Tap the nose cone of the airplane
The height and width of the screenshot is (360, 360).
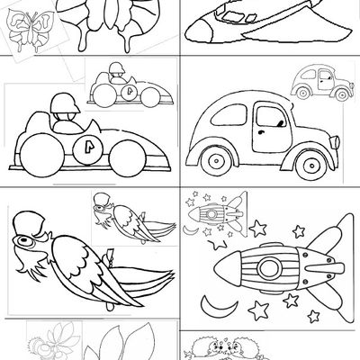(190, 35)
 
